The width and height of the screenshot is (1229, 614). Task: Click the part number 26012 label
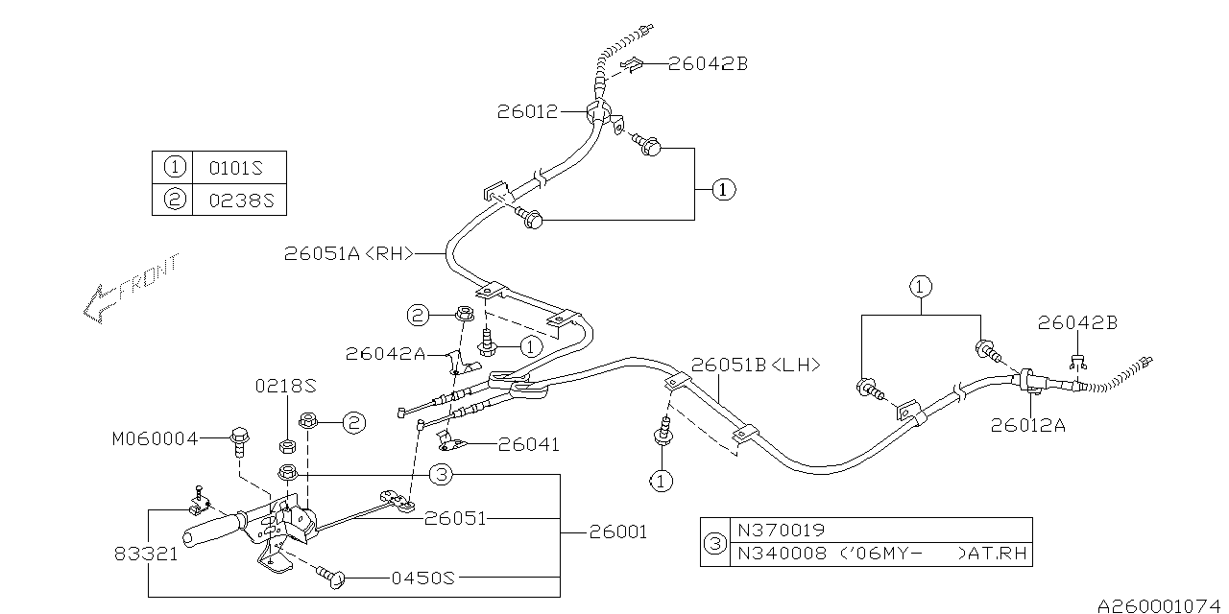(x=527, y=112)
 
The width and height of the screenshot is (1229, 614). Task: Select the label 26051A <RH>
(x=349, y=253)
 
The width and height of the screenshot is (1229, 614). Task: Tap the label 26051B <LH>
(x=756, y=366)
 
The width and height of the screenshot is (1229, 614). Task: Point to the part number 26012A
(x=1027, y=425)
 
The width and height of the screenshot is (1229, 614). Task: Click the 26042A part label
(x=385, y=354)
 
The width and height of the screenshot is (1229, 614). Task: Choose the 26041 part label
(x=528, y=444)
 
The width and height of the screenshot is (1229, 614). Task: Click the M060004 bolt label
(x=155, y=439)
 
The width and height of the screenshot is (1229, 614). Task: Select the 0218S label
(x=286, y=387)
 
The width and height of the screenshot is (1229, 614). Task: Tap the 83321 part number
(x=146, y=555)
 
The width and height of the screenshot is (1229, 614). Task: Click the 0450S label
(x=423, y=578)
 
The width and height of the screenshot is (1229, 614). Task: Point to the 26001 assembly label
(x=618, y=532)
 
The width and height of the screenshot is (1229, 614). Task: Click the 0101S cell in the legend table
(x=236, y=168)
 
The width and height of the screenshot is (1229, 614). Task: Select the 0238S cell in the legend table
(x=241, y=201)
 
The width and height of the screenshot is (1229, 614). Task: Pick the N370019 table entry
(x=781, y=531)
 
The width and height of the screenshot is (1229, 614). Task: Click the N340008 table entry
(x=782, y=554)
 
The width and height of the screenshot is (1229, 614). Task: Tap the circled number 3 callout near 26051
(x=442, y=475)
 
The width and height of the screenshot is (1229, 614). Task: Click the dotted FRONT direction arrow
(x=131, y=289)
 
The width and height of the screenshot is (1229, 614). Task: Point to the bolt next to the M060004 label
(x=239, y=442)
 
